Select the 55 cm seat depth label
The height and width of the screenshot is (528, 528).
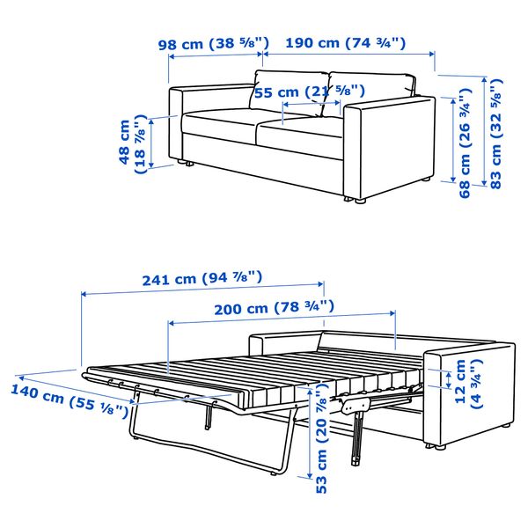(310, 92)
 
